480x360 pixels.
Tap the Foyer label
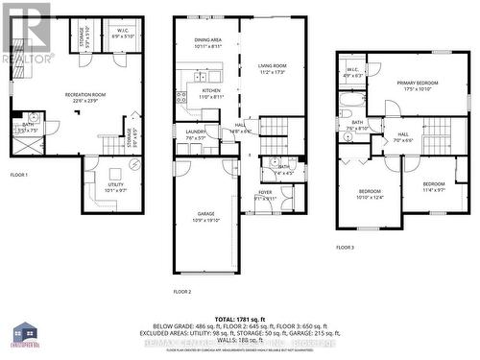pyautogui.click(x=265, y=194)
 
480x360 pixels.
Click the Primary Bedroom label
pyautogui.click(x=419, y=85)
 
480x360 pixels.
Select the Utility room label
pyautogui.click(x=115, y=186)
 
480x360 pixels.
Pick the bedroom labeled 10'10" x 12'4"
pyautogui.click(x=370, y=195)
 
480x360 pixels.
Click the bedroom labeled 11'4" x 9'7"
pyautogui.click(x=435, y=186)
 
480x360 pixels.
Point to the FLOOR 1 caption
pyautogui.click(x=19, y=175)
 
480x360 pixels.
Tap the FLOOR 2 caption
pyautogui.click(x=182, y=291)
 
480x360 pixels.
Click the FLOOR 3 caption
pyautogui.click(x=345, y=248)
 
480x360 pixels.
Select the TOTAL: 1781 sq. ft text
pyautogui.click(x=240, y=319)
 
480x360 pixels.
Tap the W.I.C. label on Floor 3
pyautogui.click(x=352, y=72)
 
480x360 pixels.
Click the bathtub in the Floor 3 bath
pyautogui.click(x=350, y=100)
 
